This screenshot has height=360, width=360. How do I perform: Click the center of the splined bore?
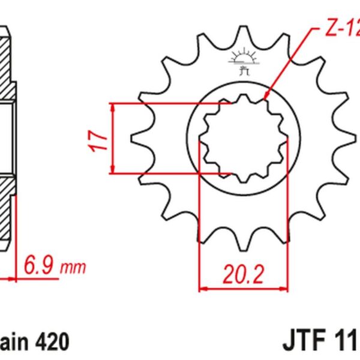[x=243, y=139]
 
